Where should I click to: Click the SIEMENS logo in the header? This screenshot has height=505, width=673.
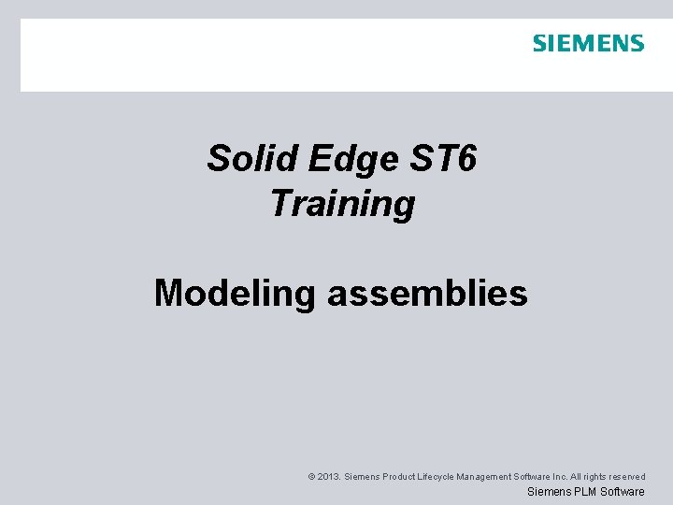[x=588, y=43]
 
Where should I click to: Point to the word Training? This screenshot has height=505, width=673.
[x=342, y=204]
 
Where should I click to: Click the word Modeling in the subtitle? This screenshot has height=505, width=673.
[x=236, y=294]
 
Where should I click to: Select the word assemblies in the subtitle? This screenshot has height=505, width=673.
[x=427, y=294]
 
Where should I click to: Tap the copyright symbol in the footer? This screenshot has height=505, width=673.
[x=311, y=477]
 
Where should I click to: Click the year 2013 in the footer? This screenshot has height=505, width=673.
[x=328, y=477]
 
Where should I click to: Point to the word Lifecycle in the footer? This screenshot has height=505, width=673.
[x=439, y=477]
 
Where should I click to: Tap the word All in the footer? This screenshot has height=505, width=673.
[x=588, y=477]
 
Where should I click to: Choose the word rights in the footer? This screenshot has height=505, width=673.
[x=607, y=477]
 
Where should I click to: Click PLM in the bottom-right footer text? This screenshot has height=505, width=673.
[x=584, y=492]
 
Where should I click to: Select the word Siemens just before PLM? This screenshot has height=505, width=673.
[x=549, y=492]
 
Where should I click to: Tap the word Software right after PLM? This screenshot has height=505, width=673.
[x=623, y=492]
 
